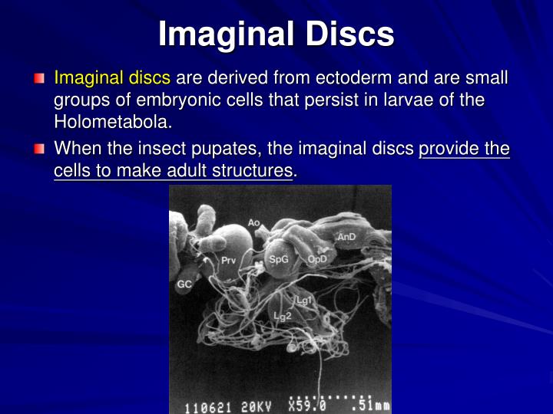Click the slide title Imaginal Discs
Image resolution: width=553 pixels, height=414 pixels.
[276, 34]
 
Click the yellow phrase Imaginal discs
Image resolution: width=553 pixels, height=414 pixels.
[114, 78]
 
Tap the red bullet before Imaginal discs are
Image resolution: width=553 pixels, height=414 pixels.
[39, 79]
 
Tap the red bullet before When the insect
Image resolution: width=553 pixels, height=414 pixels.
[39, 149]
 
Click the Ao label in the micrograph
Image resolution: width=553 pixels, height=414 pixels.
[254, 223]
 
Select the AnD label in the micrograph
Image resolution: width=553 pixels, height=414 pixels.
[346, 237]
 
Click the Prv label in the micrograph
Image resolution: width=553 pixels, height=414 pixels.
[228, 261]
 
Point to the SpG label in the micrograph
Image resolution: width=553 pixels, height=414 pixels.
[278, 260]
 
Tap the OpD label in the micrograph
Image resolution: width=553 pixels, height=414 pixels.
[316, 259]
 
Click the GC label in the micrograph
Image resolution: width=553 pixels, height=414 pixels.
[184, 284]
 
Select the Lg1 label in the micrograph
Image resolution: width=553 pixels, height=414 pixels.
[305, 301]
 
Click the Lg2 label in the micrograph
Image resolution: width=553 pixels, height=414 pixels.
[282, 316]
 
